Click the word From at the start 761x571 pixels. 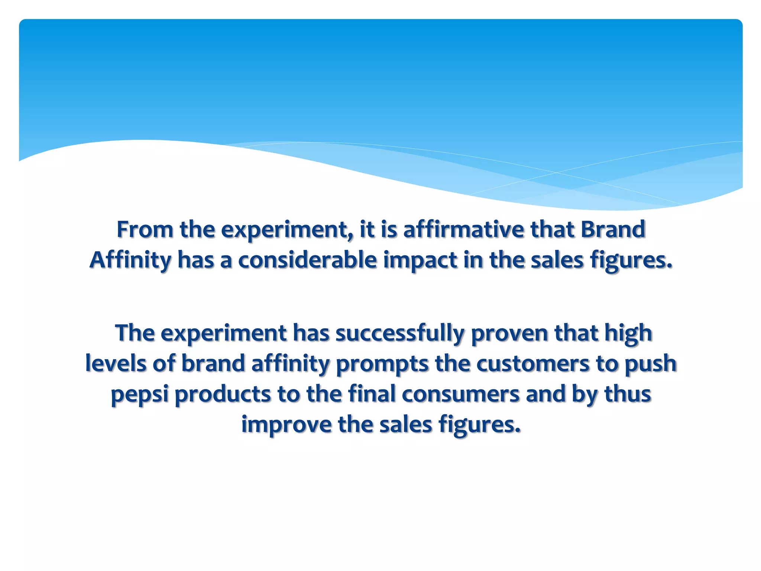coord(145,229)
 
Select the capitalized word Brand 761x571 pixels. coord(613,229)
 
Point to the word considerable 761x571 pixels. coord(307,260)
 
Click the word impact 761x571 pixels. coord(420,260)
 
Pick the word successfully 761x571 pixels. coord(400,333)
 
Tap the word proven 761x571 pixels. coord(509,333)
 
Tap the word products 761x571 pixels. coord(223,394)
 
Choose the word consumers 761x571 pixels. coord(460,394)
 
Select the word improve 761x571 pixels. coord(286,424)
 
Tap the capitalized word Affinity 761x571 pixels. coord(130,260)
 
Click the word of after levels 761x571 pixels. coord(163,363)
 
